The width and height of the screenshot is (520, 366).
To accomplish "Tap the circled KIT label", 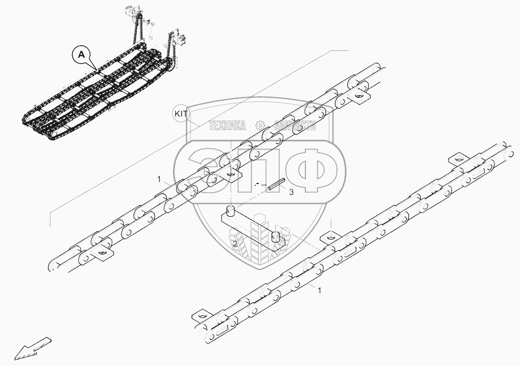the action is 180,114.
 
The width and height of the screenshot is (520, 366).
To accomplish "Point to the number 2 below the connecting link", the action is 234,244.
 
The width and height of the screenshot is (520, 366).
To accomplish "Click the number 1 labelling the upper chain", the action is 159,179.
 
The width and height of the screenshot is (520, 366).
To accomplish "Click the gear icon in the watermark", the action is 260,125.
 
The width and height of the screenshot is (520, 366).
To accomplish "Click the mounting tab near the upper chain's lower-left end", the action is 102,255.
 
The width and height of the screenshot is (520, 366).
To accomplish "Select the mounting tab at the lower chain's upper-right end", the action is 454,159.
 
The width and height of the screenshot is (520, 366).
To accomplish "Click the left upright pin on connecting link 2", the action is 230,210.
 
